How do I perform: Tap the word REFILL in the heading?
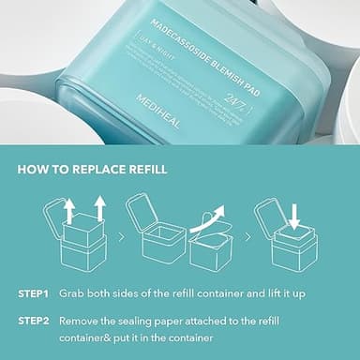click(141, 170)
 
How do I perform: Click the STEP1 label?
click(33, 293)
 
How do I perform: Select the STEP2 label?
click(33, 320)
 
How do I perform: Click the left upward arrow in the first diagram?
click(68, 210)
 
